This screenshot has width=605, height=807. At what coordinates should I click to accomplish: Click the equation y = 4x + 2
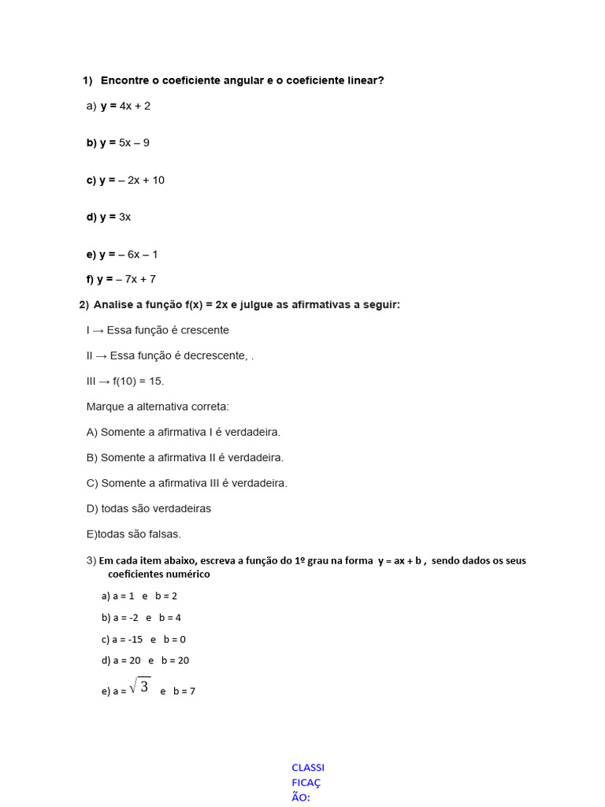point(125,106)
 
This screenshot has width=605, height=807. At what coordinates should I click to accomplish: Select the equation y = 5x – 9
point(124,143)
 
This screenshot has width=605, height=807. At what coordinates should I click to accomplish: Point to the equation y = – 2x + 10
point(132,180)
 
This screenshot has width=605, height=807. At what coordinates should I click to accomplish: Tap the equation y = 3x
point(115,217)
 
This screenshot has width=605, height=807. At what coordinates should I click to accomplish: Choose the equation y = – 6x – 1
point(128,254)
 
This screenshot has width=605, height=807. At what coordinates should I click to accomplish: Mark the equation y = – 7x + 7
point(126,279)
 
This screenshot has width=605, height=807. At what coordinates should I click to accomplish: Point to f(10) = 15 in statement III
point(138,381)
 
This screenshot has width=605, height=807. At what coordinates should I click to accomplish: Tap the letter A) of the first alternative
point(92,432)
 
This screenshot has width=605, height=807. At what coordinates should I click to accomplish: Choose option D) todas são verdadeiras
point(149,508)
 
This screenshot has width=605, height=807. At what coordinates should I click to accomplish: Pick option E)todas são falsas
point(134,534)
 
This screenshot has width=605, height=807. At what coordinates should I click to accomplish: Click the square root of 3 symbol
point(139,686)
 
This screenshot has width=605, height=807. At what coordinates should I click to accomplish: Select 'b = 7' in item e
point(184,691)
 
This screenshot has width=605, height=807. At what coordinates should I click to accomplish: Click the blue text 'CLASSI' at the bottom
point(308,768)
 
